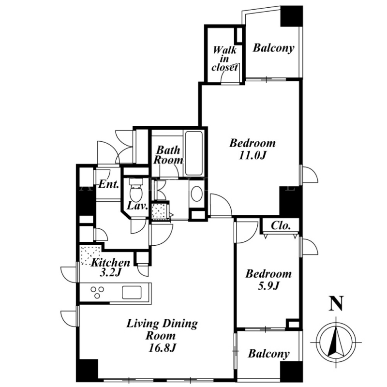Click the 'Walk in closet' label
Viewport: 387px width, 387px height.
point(225,59)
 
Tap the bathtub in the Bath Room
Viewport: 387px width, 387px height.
point(194,153)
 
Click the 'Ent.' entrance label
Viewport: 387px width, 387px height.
point(108,184)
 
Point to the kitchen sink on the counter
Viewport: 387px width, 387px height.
point(132,292)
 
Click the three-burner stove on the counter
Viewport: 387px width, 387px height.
point(97,292)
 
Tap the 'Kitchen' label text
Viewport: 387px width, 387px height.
point(111,263)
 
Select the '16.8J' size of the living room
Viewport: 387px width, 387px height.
point(162,348)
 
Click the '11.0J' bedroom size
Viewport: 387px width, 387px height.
point(253,155)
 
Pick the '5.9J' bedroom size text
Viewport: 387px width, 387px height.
point(268,286)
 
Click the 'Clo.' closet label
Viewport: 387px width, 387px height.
point(281,225)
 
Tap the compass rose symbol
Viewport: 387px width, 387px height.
point(336,342)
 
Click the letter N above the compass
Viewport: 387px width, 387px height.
point(336,303)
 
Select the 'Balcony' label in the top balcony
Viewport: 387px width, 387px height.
point(273,48)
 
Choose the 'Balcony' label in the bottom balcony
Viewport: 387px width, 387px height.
point(269,354)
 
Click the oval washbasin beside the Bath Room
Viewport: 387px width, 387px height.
point(197,193)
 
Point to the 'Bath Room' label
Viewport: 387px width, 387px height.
point(168,155)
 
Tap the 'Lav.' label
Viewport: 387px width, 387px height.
point(137,206)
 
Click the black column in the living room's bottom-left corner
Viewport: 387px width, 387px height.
point(87,370)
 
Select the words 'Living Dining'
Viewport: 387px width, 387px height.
point(162,324)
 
